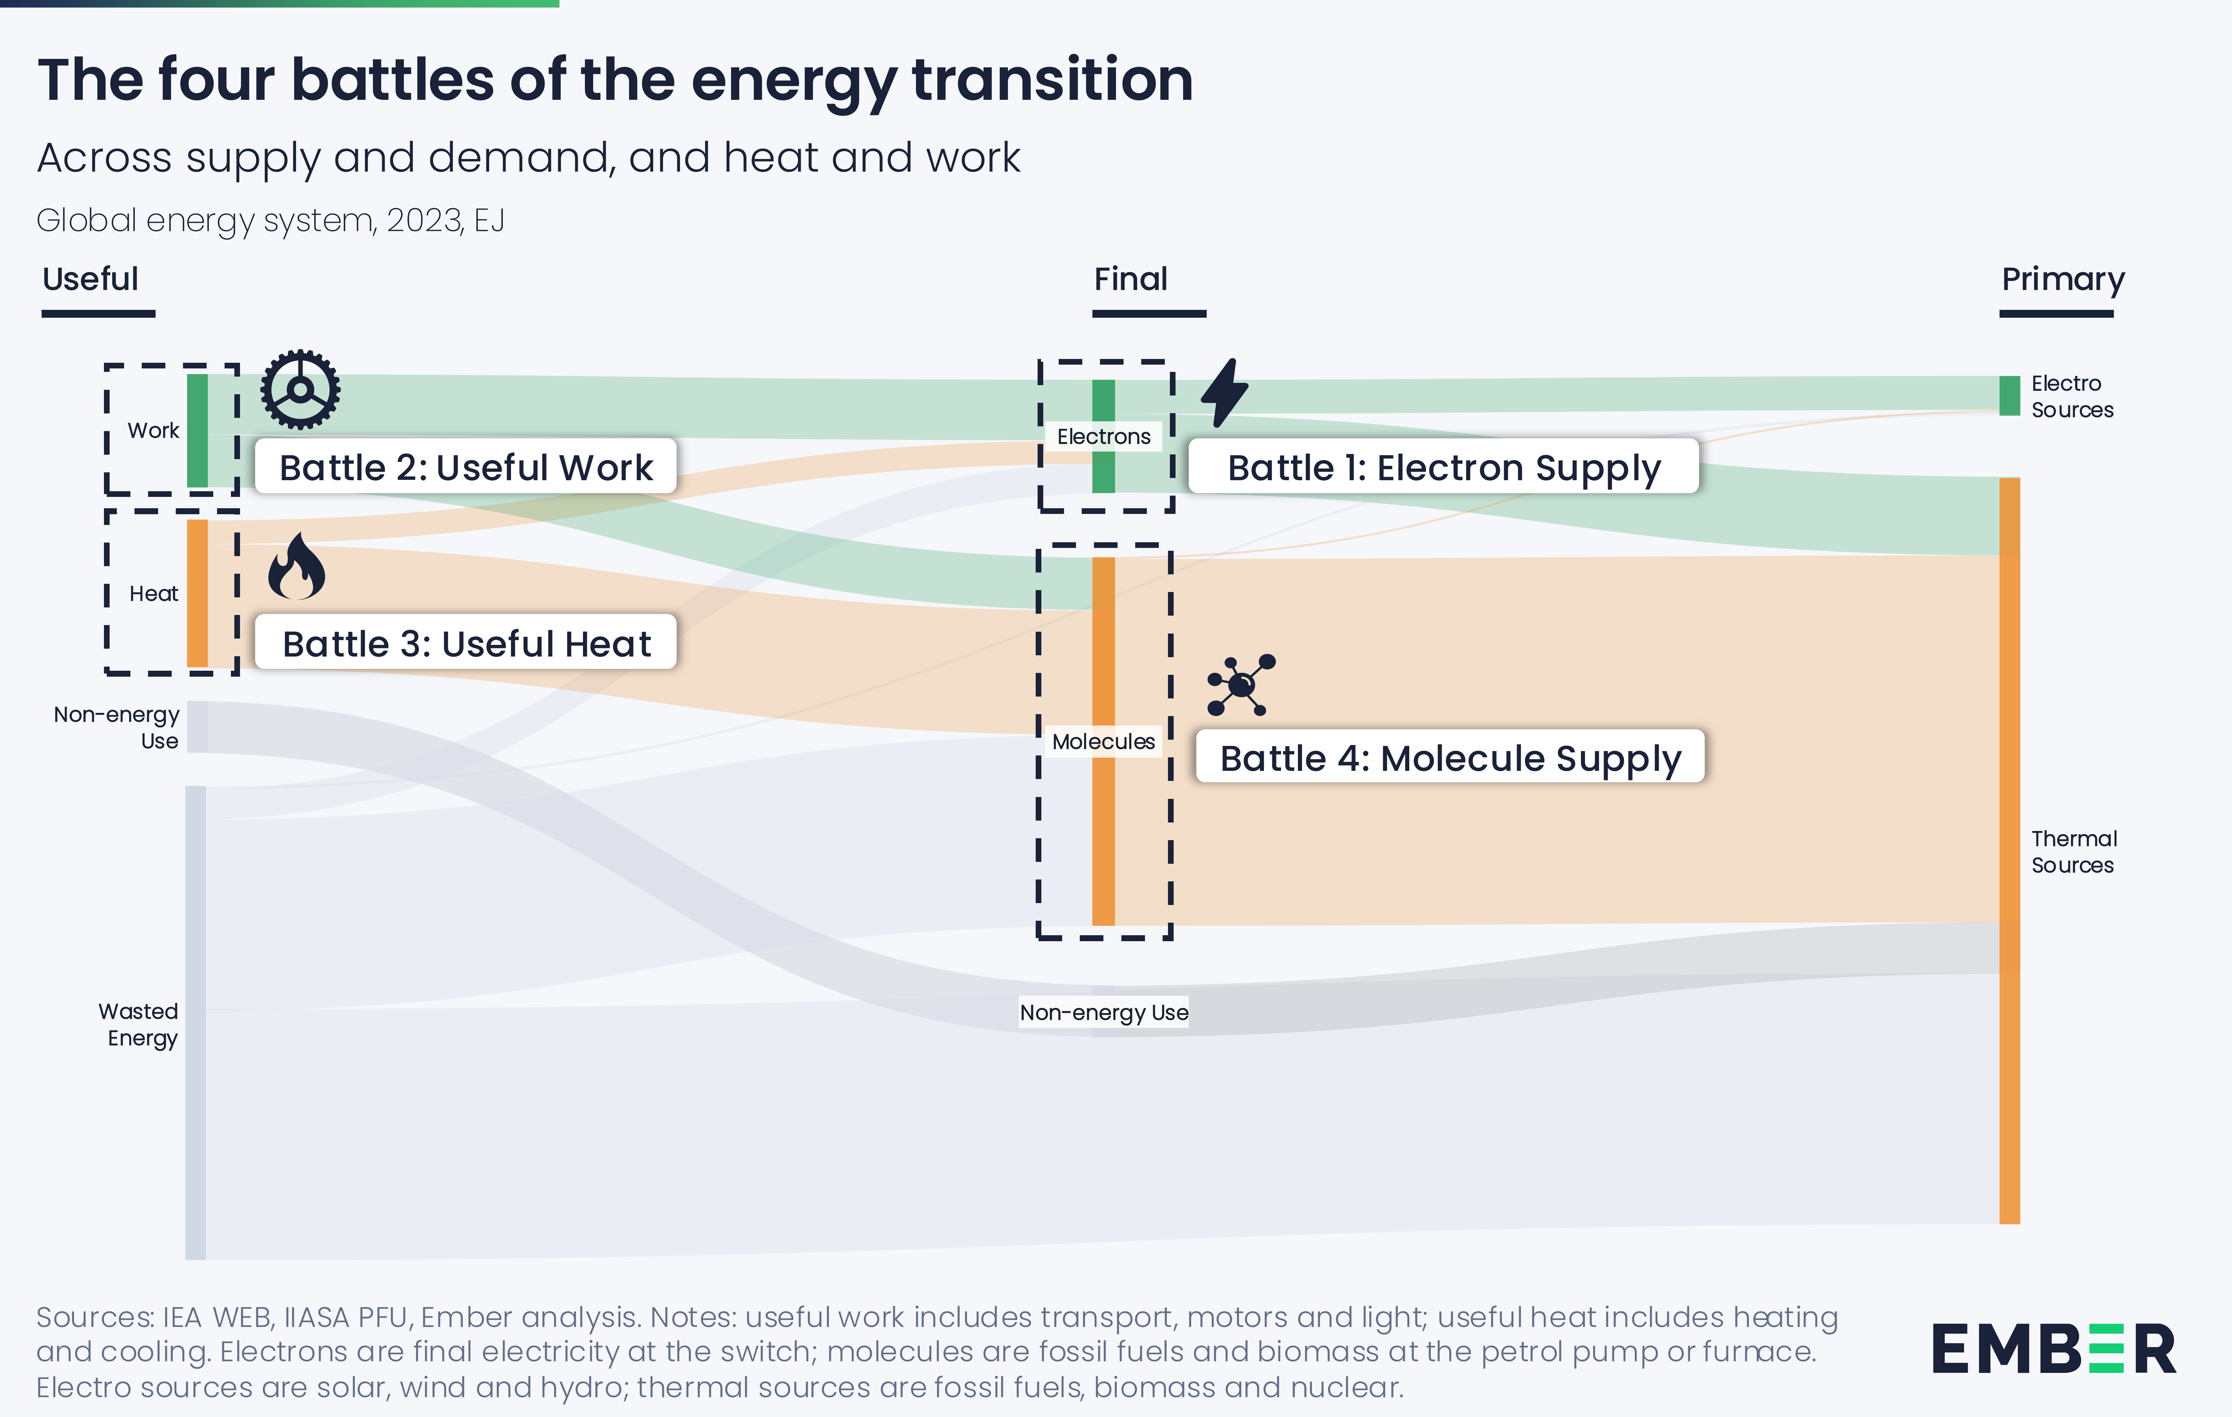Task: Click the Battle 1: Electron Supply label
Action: point(1443,467)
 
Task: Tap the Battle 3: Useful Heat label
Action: point(466,643)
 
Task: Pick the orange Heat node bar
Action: point(197,593)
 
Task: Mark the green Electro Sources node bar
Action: point(2009,396)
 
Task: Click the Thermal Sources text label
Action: point(2074,852)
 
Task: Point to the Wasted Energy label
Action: point(139,1024)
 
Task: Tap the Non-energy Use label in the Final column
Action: point(1103,1012)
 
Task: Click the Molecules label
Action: point(1103,741)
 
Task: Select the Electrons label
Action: point(1103,436)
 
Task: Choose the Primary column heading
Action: point(2062,279)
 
